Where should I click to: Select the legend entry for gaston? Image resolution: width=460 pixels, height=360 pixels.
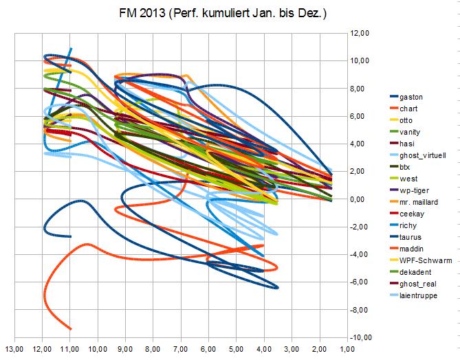(x=410, y=97)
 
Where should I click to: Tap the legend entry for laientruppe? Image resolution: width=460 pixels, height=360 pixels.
(x=418, y=295)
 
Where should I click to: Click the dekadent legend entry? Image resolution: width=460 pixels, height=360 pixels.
(x=415, y=272)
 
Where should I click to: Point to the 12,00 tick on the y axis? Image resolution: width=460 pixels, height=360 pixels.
(x=361, y=33)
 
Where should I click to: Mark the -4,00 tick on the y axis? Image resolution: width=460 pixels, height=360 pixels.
(x=360, y=254)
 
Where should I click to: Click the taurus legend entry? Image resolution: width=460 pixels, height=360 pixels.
(x=410, y=237)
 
